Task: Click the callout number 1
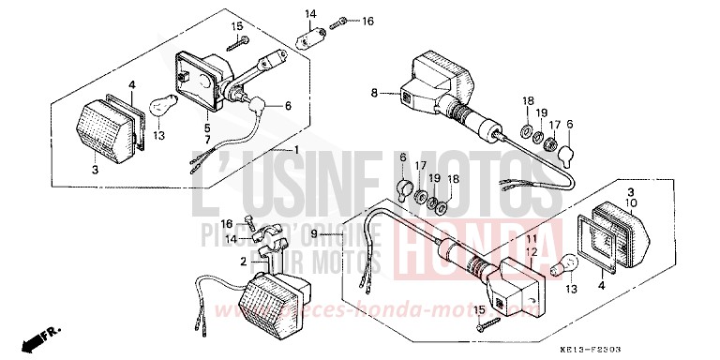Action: (296, 151)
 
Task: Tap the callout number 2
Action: (243, 262)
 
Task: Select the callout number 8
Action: (375, 92)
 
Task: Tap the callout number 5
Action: (206, 127)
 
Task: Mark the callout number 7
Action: (206, 139)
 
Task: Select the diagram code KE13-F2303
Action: (667, 348)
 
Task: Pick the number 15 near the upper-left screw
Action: (236, 25)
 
